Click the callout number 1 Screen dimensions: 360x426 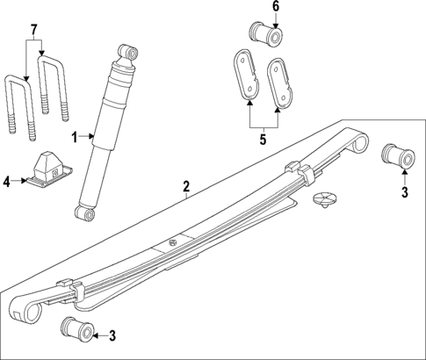coord(76,136)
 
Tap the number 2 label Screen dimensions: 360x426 coord(186,186)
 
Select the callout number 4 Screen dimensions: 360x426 coord(7,182)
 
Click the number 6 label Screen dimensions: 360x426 coord(274,8)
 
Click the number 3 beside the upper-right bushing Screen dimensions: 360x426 coord(404,192)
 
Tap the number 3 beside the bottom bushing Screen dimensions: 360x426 coord(111,335)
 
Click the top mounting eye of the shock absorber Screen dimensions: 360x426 coord(130,53)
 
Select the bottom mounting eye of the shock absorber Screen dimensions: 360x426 coord(83,213)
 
